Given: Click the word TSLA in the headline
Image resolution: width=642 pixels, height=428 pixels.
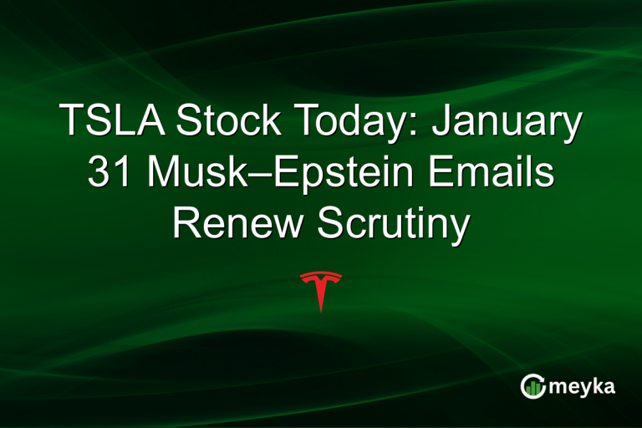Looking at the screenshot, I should pos(112,122).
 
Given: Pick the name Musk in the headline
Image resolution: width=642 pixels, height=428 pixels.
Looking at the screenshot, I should pos(193,174).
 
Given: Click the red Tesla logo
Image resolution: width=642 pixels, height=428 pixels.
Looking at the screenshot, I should pos(320,288).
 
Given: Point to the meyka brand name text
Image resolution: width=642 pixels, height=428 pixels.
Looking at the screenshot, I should pos(583,386).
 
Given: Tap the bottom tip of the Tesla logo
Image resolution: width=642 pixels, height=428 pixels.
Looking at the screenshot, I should pos(320,310).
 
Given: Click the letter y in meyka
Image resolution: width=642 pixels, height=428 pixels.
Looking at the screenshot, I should pos(588,389).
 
